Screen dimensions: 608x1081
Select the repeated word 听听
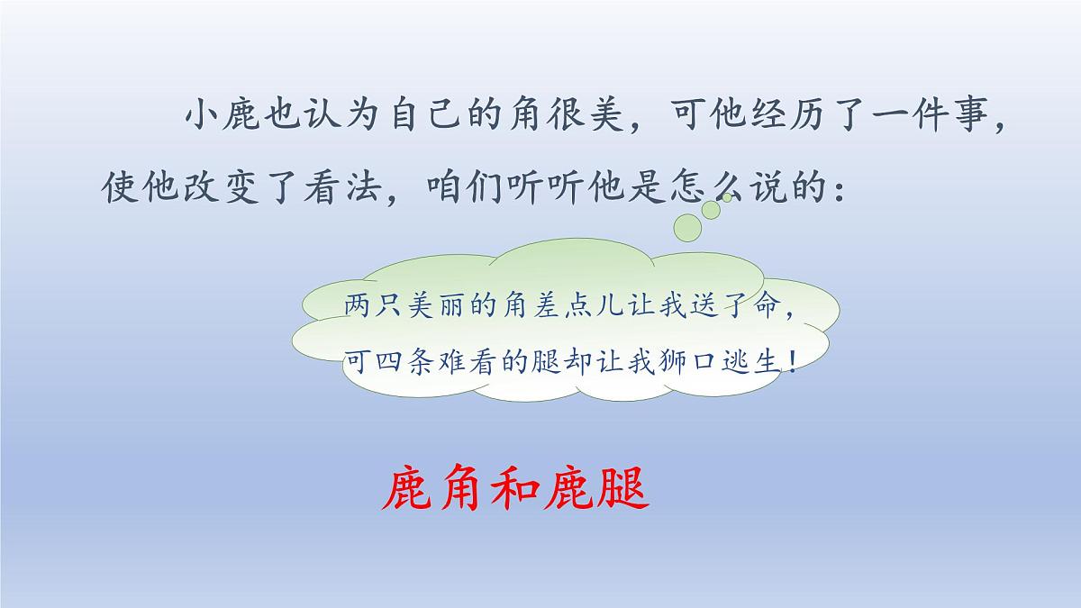pyautogui.click(x=552, y=189)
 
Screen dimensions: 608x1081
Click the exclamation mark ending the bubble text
pyautogui.click(x=792, y=361)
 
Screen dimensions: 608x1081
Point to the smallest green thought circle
pyautogui.click(x=727, y=196)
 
